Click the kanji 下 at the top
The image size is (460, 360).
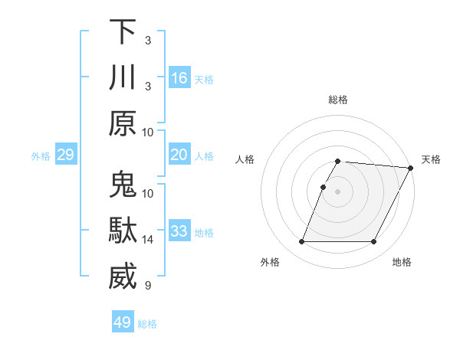click(x=123, y=32)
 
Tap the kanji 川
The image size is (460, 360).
click(x=123, y=78)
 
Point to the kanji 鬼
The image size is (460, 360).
click(x=123, y=185)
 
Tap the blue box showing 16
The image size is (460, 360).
click(x=179, y=77)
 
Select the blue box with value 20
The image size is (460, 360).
click(x=179, y=155)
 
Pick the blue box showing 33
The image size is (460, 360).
click(x=179, y=231)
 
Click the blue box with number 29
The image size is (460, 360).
click(x=66, y=155)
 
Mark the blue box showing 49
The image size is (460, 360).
click(x=123, y=322)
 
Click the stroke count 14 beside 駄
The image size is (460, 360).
click(x=148, y=240)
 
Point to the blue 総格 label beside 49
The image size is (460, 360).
click(x=147, y=324)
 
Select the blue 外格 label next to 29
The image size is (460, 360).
click(x=41, y=156)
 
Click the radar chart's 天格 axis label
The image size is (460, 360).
click(x=431, y=159)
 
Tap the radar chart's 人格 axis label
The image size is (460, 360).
click(x=245, y=159)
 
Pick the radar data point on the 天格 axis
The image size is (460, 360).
click(x=411, y=168)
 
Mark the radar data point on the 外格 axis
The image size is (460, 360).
click(x=301, y=242)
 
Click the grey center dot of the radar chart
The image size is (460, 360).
click(x=337, y=191)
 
